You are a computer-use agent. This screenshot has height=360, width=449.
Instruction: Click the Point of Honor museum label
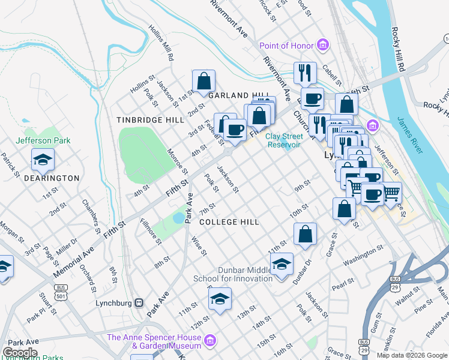point(286,46)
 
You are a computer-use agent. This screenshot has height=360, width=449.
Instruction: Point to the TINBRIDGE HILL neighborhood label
point(150,120)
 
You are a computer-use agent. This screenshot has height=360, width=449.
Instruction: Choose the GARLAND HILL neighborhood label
point(238,95)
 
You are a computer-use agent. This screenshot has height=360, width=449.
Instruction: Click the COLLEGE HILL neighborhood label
point(229,222)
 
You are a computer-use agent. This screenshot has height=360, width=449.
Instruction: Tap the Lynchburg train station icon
point(139,302)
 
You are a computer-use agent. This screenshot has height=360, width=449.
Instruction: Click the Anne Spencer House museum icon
point(209,341)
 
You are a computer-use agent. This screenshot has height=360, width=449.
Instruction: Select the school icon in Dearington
point(43,160)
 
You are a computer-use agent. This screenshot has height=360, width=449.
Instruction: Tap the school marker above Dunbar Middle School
point(282,263)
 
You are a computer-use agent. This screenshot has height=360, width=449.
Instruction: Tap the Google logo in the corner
point(20,353)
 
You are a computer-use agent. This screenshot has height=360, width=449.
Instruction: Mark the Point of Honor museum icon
point(323,46)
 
